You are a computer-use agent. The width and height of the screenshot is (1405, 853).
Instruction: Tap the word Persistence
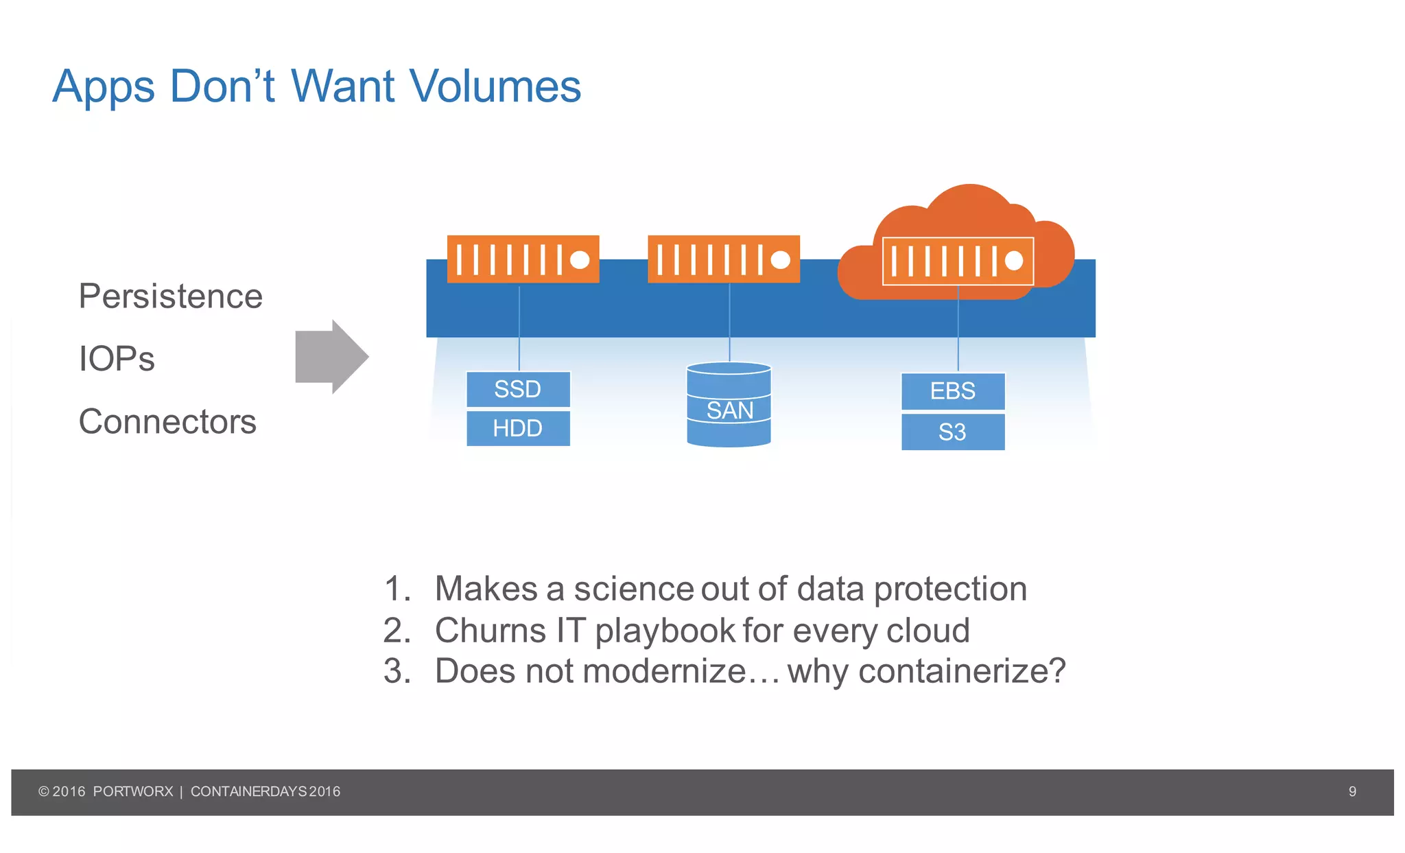click(x=170, y=296)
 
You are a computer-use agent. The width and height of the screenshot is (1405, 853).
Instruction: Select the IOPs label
click(x=117, y=359)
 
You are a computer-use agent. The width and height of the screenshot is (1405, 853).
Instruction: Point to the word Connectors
click(x=167, y=421)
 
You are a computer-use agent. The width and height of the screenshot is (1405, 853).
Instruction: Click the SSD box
click(x=518, y=389)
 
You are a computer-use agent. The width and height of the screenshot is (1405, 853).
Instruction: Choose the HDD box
click(x=518, y=429)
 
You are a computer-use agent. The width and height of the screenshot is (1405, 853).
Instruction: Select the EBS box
click(x=952, y=391)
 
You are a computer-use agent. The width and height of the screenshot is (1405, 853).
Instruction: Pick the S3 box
click(x=952, y=432)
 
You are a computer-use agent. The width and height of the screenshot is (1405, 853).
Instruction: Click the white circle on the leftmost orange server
click(x=580, y=259)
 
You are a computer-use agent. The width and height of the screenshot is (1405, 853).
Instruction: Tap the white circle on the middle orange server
click(x=780, y=259)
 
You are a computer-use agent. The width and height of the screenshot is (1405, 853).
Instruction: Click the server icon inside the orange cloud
click(x=958, y=261)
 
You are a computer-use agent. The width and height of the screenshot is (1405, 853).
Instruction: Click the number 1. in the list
click(x=397, y=589)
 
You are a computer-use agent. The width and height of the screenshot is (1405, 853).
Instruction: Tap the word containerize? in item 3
click(x=962, y=671)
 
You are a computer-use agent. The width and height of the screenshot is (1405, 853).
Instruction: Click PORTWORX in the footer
click(x=133, y=791)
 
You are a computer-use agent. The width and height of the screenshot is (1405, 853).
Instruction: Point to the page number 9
click(x=1352, y=791)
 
